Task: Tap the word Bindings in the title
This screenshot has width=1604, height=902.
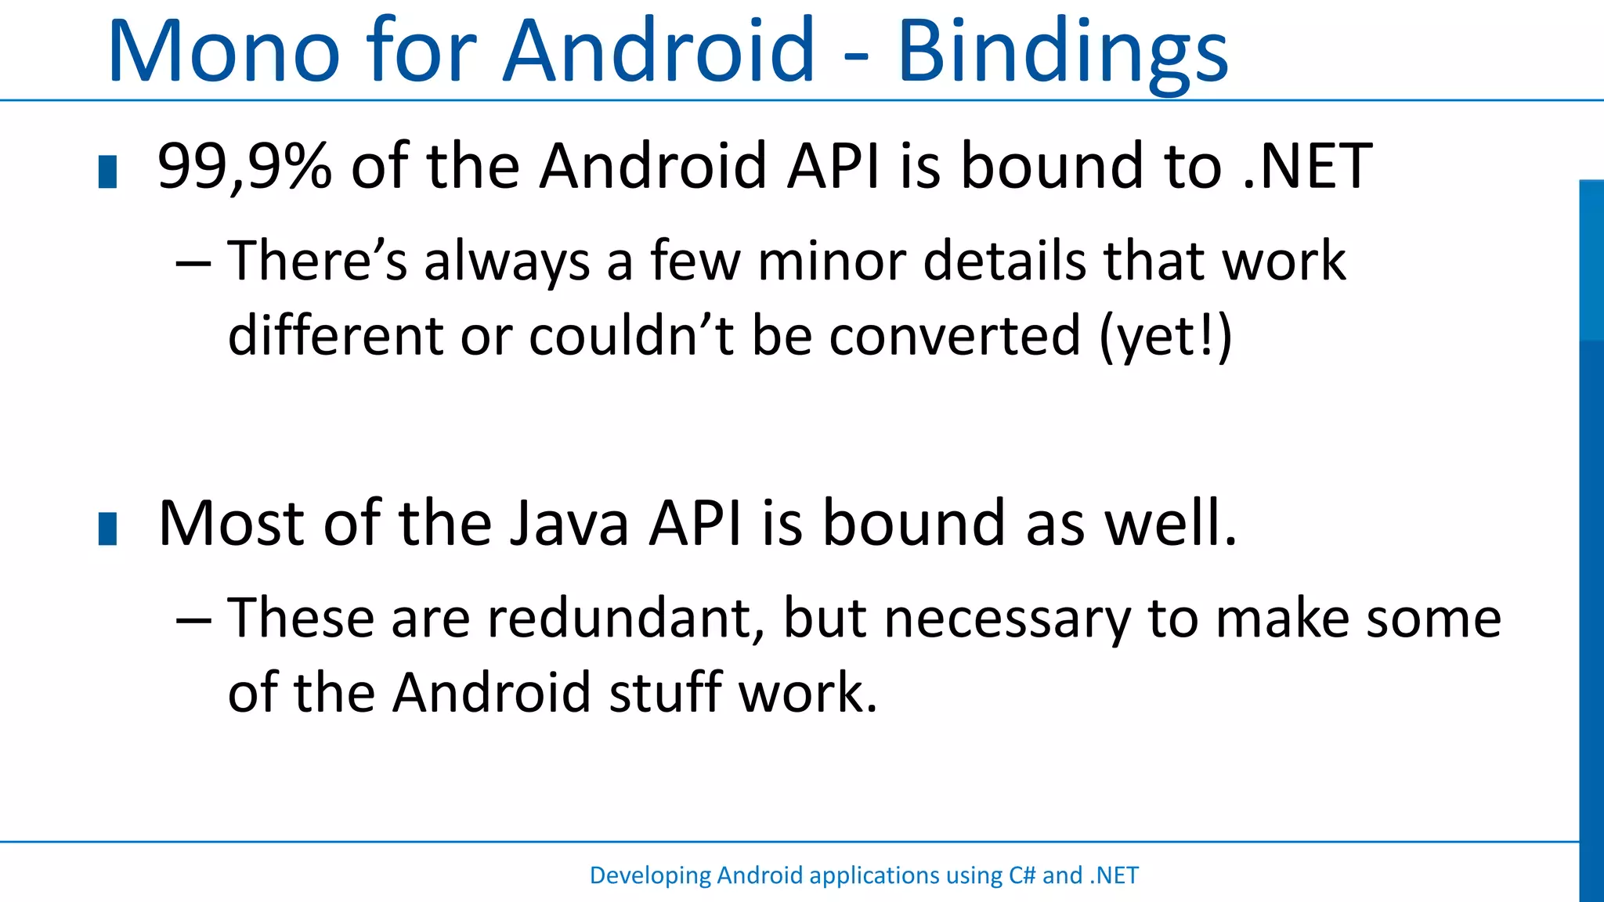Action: click(x=1062, y=53)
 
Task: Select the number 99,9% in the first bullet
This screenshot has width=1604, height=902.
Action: click(x=244, y=167)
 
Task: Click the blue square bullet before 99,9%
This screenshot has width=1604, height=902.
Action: click(x=108, y=172)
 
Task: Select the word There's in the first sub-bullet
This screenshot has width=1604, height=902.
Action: click(x=317, y=261)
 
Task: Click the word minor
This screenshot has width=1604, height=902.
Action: click(x=831, y=261)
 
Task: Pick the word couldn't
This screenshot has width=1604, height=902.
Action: click(x=631, y=336)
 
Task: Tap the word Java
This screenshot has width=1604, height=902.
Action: click(x=569, y=523)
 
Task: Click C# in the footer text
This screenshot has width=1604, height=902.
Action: click(x=1021, y=875)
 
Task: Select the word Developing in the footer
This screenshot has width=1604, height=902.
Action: click(x=650, y=876)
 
